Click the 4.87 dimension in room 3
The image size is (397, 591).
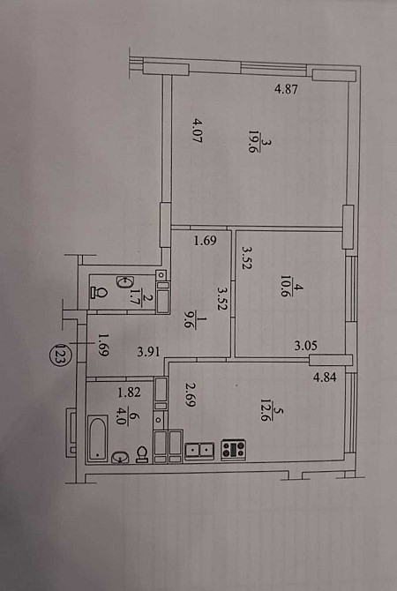tap(286, 90)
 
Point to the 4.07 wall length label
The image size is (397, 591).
tap(198, 131)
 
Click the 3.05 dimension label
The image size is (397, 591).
tap(306, 345)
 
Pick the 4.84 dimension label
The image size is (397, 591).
tap(325, 377)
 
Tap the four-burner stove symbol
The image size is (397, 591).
tap(234, 450)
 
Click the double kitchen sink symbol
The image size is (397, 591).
tap(199, 451)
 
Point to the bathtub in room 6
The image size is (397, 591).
tap(98, 438)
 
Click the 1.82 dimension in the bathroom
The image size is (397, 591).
tap(130, 393)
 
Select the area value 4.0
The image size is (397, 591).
tap(120, 417)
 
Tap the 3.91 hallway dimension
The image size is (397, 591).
tap(149, 353)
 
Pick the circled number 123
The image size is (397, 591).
tap(59, 354)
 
